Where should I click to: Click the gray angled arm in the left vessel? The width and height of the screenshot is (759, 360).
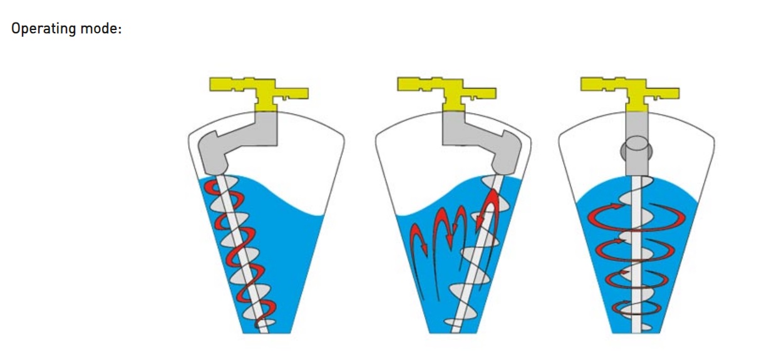237,142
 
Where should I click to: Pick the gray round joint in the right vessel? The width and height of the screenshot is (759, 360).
637,151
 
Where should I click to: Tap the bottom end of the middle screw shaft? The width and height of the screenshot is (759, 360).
456,332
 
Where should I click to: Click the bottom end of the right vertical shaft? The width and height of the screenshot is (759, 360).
637,332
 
